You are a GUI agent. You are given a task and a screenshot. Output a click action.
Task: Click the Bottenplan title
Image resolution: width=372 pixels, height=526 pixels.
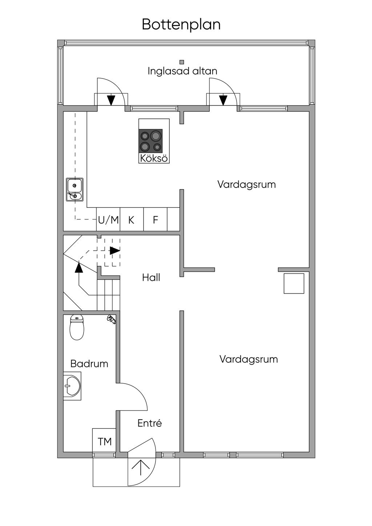coord(181,24)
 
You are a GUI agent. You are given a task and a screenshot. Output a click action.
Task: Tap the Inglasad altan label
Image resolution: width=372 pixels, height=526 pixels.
coord(182,71)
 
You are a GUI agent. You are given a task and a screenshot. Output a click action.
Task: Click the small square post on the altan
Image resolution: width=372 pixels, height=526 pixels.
coord(182,62)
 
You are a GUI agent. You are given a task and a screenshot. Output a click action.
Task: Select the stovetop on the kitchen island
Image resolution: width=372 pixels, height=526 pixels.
coord(150,140)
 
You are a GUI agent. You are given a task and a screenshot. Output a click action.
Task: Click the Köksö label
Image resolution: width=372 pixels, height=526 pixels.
coord(154,158)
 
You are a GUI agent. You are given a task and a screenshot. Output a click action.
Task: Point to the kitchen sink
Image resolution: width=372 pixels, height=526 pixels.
coord(74,190)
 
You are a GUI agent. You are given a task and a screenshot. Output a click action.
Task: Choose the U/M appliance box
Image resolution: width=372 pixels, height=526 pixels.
coord(108,219)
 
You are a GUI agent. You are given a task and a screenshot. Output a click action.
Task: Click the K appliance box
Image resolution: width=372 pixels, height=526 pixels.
coord(132,219)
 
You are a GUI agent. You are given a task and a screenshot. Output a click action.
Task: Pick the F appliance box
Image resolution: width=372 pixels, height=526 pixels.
coord(155,219)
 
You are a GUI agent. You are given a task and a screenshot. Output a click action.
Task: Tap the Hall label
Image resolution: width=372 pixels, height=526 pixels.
coord(151,278)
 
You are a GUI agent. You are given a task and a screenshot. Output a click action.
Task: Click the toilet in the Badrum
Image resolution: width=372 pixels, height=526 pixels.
coord(77,327)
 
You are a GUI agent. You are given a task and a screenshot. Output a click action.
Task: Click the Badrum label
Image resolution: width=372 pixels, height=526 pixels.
coord(89,364)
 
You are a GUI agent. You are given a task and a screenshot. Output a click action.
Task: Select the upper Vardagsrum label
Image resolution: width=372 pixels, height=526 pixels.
coord(246,185)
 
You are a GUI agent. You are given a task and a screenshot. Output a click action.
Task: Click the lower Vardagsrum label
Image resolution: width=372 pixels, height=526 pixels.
coord(248,359)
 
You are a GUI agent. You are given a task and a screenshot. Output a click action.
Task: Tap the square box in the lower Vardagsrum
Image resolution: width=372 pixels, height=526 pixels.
coord(294,283)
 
